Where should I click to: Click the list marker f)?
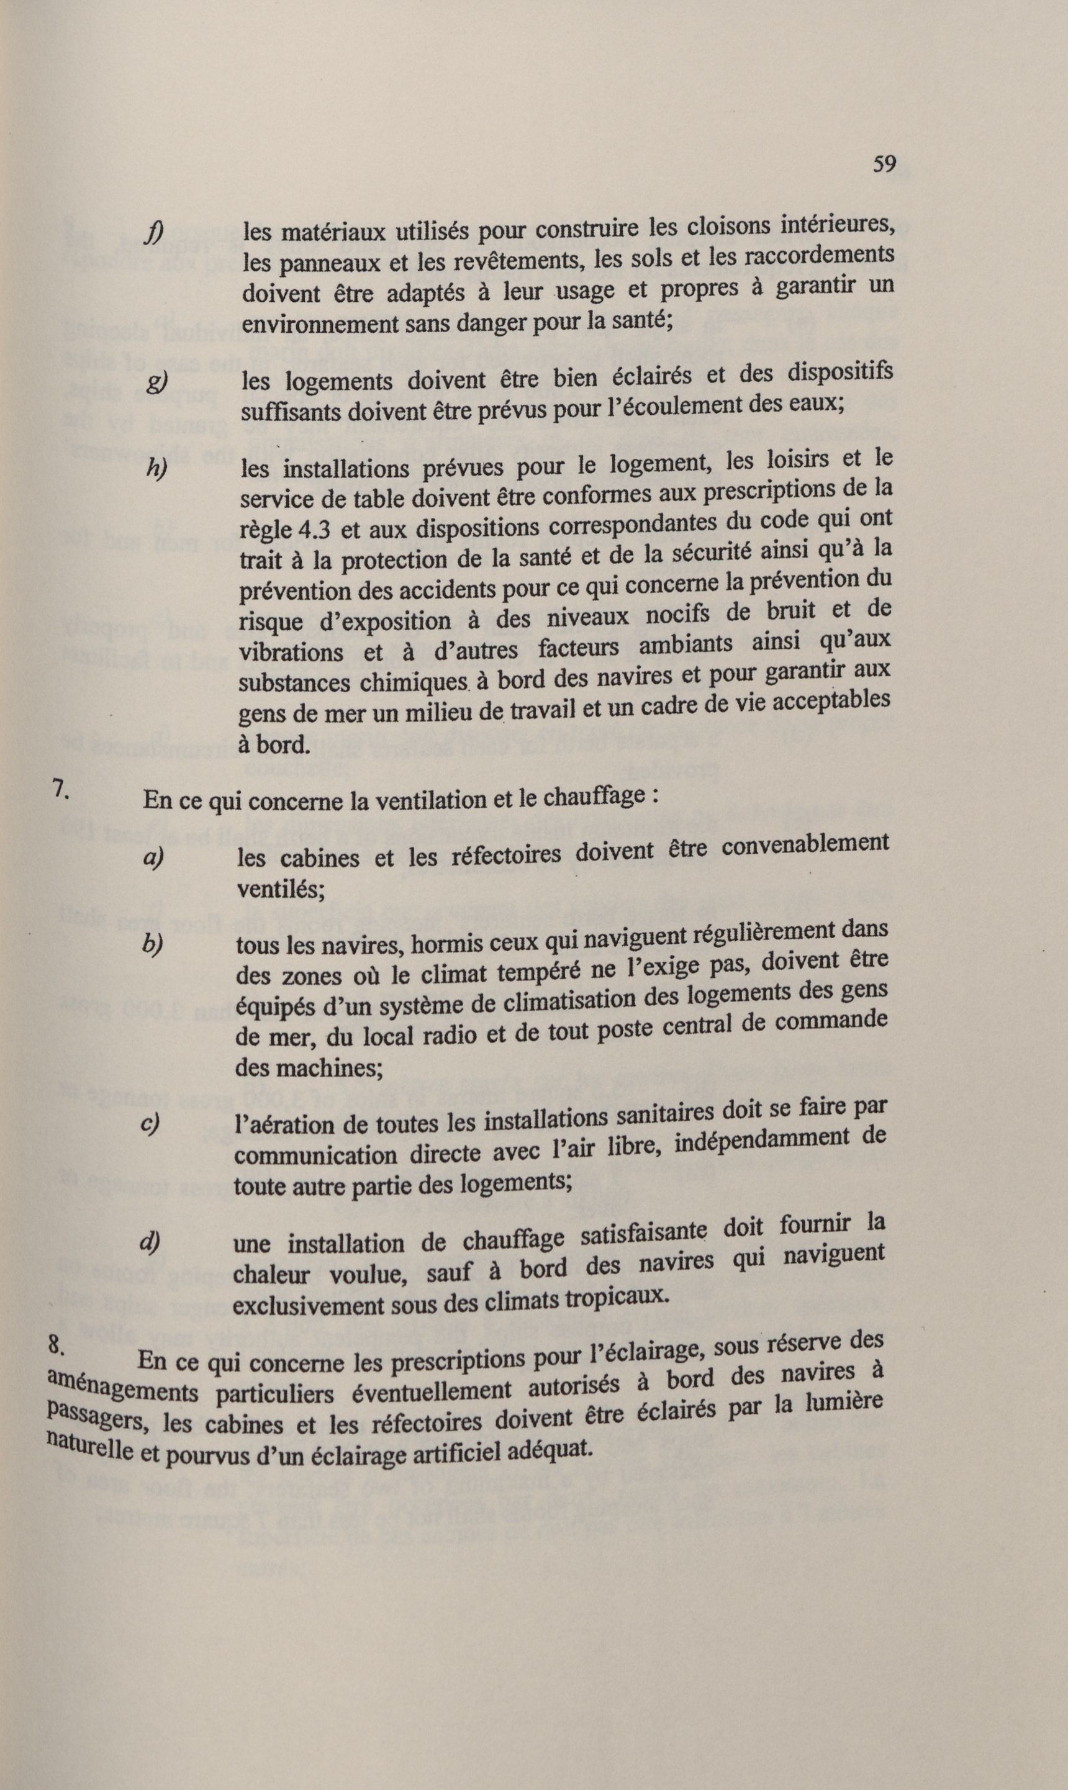click(x=153, y=233)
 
